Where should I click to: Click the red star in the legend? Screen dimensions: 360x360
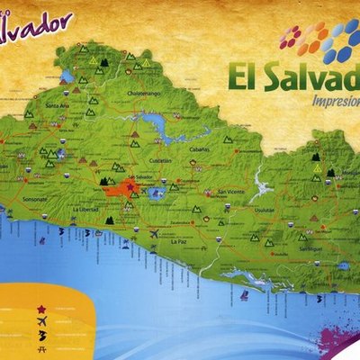(x=41, y=309)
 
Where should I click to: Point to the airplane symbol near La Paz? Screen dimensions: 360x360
(x=154, y=234)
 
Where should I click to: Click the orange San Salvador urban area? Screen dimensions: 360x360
(x=114, y=190)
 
